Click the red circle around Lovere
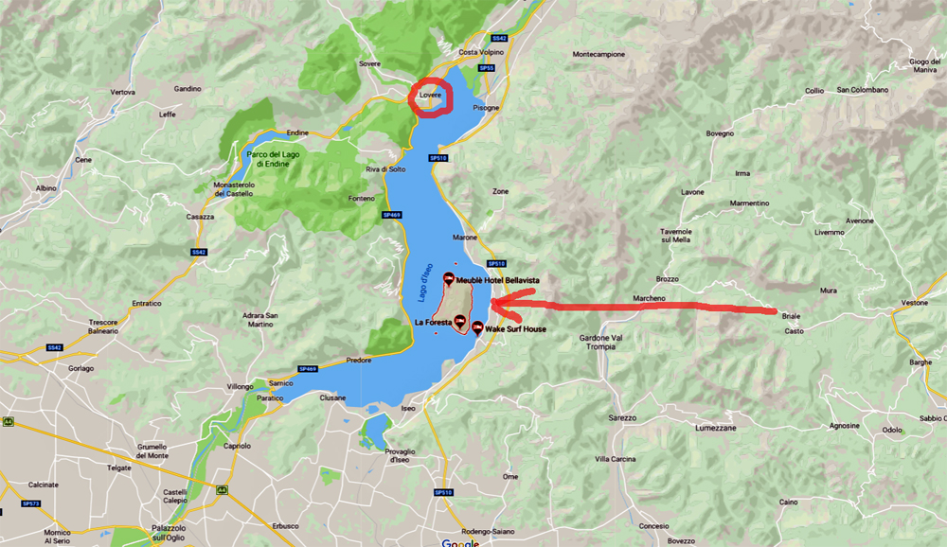430,97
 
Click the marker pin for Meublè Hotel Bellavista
448,279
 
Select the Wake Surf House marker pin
477,327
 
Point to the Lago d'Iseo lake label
425,285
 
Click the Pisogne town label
486,108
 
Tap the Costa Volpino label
480,51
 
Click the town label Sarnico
281,382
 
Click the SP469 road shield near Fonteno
392,216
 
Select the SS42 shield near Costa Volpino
500,38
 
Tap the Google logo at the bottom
460,542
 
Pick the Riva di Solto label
385,168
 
